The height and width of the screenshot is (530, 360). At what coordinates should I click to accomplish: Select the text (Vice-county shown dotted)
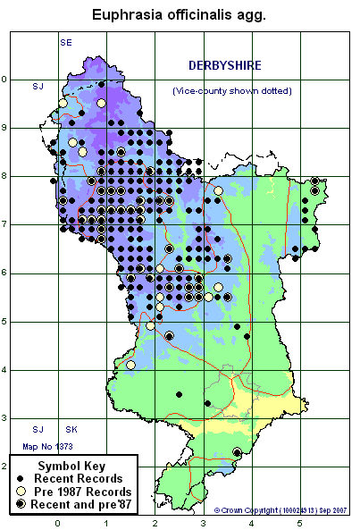[x=231, y=91]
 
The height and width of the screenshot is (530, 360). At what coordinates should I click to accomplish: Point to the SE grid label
[x=65, y=43]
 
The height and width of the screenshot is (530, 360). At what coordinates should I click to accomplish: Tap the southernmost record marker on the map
[x=237, y=453]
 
